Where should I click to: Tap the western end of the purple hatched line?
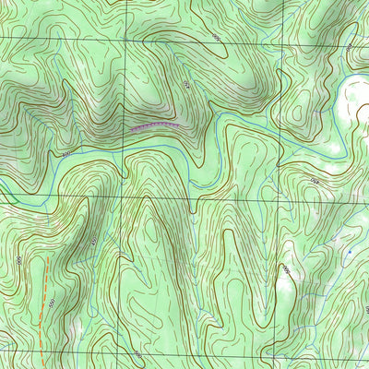(x=131, y=130)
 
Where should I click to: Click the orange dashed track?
(x=42, y=295)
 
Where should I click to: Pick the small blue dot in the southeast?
(x=350, y=251)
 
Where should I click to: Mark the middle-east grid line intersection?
(x=272, y=196)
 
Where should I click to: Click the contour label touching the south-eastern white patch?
(x=286, y=270)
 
